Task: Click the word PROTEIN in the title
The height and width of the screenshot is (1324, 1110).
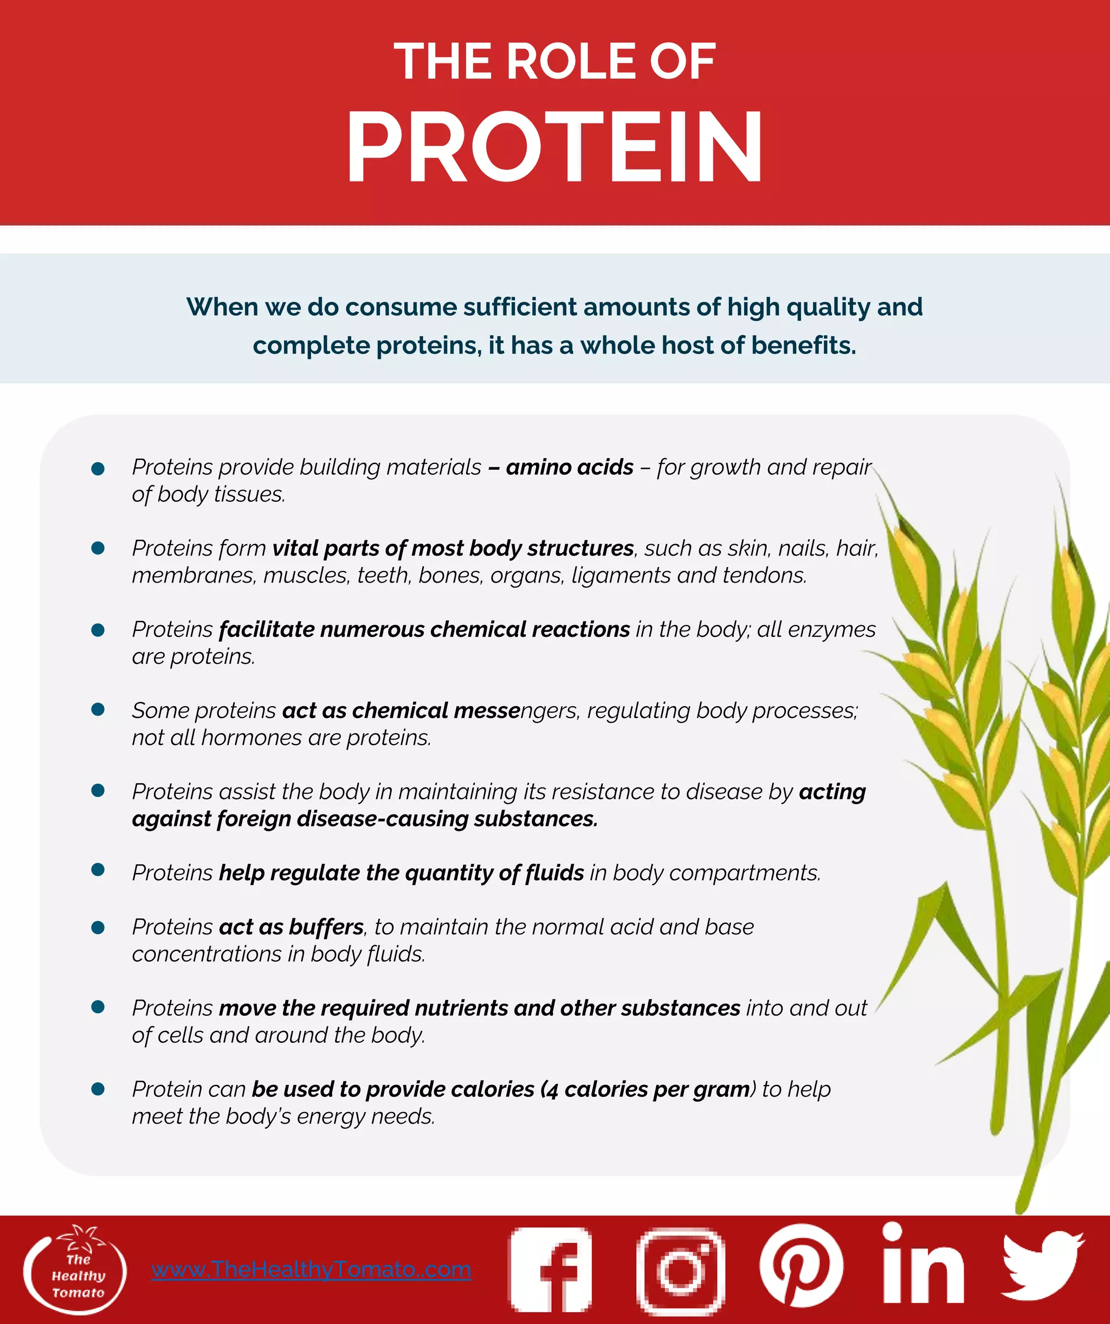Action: (555, 146)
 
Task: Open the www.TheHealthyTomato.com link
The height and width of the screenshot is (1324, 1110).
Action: (311, 1269)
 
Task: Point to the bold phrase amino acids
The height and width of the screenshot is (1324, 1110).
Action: (569, 467)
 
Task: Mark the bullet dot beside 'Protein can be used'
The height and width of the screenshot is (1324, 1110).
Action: (98, 1088)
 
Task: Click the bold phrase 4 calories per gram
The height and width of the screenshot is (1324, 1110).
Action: (650, 1089)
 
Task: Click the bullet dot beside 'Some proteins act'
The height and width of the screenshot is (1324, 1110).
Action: (98, 709)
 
